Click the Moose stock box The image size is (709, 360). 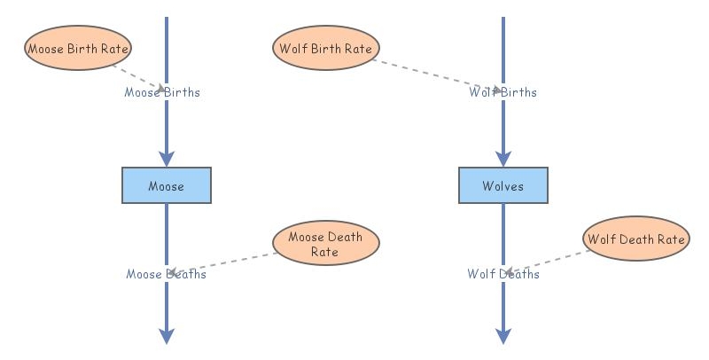click(x=167, y=185)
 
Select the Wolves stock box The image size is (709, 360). click(x=503, y=185)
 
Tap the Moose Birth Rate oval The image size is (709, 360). click(x=78, y=48)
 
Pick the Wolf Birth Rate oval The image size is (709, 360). click(x=326, y=48)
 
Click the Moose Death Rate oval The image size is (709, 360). click(x=326, y=243)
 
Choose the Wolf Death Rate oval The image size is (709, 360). click(x=636, y=239)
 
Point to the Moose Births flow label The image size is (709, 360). click(x=162, y=92)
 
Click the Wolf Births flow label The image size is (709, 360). click(x=503, y=92)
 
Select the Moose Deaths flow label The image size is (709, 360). click(x=166, y=274)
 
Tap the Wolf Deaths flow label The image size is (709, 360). click(x=503, y=274)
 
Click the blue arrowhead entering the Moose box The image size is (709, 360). click(x=167, y=160)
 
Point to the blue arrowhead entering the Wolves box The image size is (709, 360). click(x=503, y=160)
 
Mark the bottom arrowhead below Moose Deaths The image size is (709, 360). click(x=167, y=336)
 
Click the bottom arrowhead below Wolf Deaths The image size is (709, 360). click(x=503, y=336)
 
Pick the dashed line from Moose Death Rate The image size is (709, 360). click(x=223, y=263)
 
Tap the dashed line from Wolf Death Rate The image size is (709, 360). click(x=547, y=262)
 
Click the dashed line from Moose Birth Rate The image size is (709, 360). click(x=139, y=78)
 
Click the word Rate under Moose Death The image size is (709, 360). click(x=324, y=252)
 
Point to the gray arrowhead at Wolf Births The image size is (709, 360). click(x=497, y=90)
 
